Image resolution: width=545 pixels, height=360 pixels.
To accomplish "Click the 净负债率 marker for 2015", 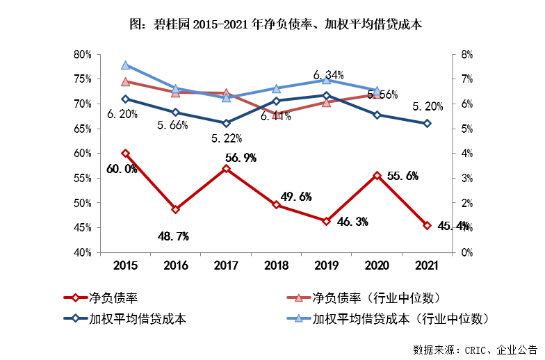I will [125, 153].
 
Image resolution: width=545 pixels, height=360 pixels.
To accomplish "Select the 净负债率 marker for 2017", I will [226, 168].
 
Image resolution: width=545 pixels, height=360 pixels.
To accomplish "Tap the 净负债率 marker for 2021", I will [427, 225].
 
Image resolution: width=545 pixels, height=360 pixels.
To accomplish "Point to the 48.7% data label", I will [173, 236].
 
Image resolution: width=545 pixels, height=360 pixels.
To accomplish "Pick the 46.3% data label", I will [352, 222].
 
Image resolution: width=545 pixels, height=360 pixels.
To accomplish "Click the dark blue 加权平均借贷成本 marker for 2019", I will [327, 95].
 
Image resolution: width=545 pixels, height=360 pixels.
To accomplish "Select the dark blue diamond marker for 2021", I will [427, 123].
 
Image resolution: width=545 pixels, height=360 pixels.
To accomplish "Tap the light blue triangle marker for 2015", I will [125, 65].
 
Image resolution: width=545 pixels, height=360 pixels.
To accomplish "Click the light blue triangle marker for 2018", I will [276, 89].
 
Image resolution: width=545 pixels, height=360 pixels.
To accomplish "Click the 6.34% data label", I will [328, 75].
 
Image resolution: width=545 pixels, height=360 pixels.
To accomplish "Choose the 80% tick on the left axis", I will [83, 54].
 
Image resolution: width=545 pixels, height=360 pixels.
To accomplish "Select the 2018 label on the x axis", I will [276, 265].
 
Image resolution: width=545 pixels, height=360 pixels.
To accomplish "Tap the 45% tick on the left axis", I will [83, 228].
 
